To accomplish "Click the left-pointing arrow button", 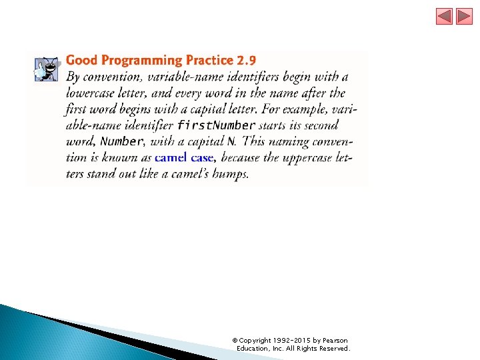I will tap(444, 17).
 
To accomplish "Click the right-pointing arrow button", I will tap(464, 17).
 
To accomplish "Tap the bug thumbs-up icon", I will tap(47, 68).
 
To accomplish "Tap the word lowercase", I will tap(91, 93).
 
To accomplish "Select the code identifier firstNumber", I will tap(216, 125).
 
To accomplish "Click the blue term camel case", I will tap(183, 158).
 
